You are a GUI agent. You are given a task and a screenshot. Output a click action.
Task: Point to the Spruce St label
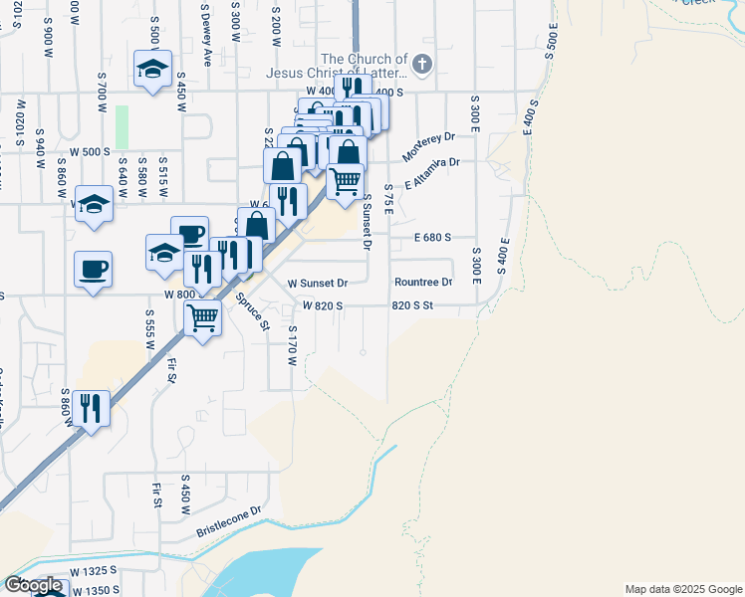point(253,310)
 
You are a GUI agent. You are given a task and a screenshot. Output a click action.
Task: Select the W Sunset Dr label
point(317,283)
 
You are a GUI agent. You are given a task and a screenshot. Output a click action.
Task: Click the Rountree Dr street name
point(422,283)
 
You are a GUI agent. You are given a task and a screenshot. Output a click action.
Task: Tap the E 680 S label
point(433,238)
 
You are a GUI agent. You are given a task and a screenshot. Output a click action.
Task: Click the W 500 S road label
point(89,151)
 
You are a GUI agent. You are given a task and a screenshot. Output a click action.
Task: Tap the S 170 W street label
point(293,344)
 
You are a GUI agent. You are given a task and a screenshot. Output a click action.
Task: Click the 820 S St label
point(413,305)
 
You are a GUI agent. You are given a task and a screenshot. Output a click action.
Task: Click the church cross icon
point(421,65)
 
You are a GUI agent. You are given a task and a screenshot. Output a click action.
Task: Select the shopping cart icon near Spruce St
point(203,319)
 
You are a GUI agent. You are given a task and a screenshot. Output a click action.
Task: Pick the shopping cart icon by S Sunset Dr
point(345,182)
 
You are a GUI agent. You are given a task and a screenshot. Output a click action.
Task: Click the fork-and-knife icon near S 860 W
point(91,408)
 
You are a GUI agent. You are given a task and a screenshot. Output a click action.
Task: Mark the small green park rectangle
point(122,126)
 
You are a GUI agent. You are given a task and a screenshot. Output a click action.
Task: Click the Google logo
point(34,585)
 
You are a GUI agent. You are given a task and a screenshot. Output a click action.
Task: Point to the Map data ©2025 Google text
point(682,589)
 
